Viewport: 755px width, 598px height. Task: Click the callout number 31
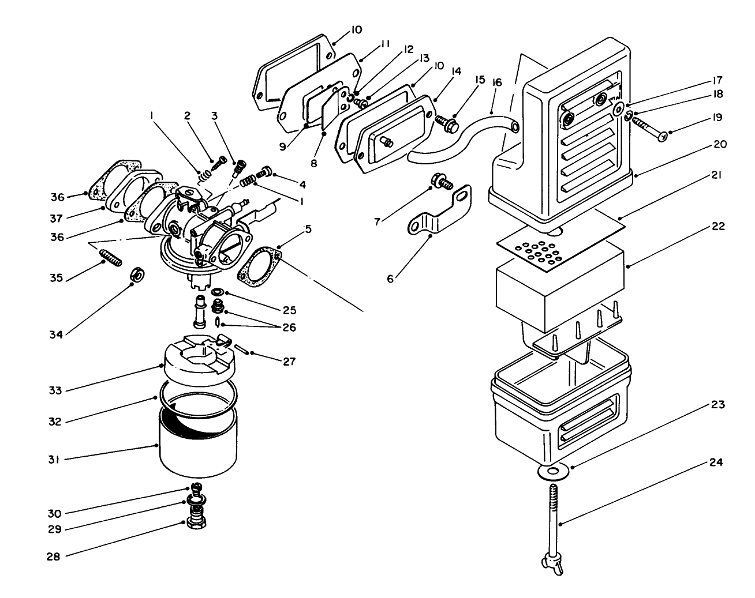click(x=56, y=460)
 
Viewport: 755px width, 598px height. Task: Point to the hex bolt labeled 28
click(x=197, y=524)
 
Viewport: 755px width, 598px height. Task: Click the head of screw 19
click(x=664, y=136)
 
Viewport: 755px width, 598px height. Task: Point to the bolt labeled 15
click(x=449, y=123)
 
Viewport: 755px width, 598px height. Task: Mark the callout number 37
click(x=56, y=217)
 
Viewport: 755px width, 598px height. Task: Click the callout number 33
click(x=56, y=390)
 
